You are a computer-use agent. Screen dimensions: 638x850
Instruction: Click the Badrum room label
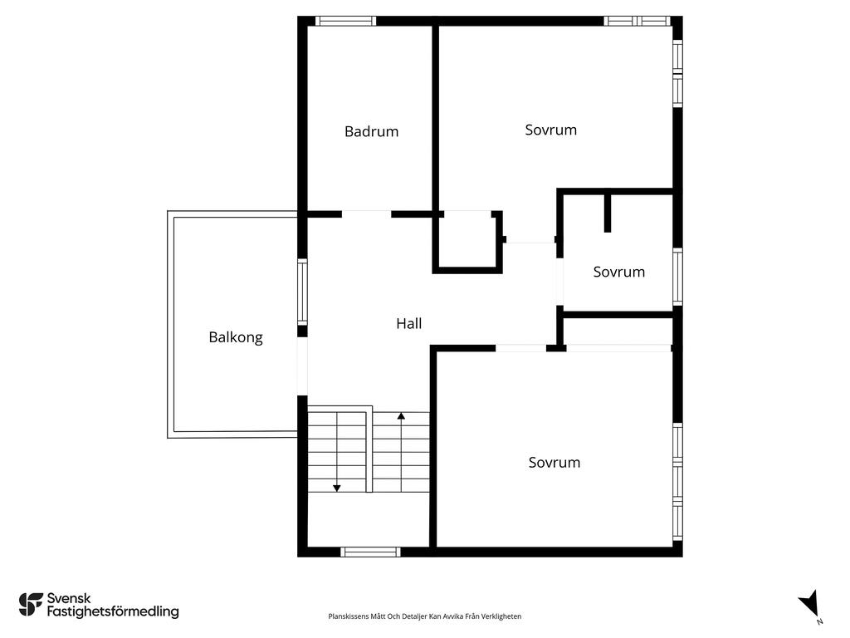[371, 131]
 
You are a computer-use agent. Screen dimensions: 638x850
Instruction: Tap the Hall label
[408, 324]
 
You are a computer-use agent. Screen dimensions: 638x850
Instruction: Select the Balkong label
[236, 337]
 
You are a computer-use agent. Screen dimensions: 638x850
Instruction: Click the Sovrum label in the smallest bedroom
[618, 272]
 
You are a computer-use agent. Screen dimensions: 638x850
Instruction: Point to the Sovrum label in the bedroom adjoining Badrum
[550, 130]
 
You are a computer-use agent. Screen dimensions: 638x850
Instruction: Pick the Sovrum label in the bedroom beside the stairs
[554, 463]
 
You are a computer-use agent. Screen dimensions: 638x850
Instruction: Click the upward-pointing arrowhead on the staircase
[401, 415]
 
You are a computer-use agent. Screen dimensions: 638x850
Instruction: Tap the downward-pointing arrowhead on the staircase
[337, 488]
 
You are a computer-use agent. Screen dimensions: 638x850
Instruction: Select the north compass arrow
[809, 604]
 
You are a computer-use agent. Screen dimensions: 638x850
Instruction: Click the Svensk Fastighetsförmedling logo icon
[31, 604]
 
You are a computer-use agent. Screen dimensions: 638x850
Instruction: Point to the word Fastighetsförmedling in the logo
[113, 612]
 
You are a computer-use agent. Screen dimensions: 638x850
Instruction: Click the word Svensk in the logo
[69, 597]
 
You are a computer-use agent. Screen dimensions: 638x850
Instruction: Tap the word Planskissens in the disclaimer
[349, 616]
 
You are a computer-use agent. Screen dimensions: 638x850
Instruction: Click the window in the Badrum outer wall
[345, 21]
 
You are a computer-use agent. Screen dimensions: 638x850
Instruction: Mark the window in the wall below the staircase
[371, 552]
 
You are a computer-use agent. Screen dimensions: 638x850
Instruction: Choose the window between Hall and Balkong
[302, 292]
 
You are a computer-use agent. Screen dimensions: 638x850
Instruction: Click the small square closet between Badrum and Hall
[467, 243]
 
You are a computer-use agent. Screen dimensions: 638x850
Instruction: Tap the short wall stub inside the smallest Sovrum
[608, 213]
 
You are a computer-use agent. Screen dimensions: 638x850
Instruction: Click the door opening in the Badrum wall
[366, 214]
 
